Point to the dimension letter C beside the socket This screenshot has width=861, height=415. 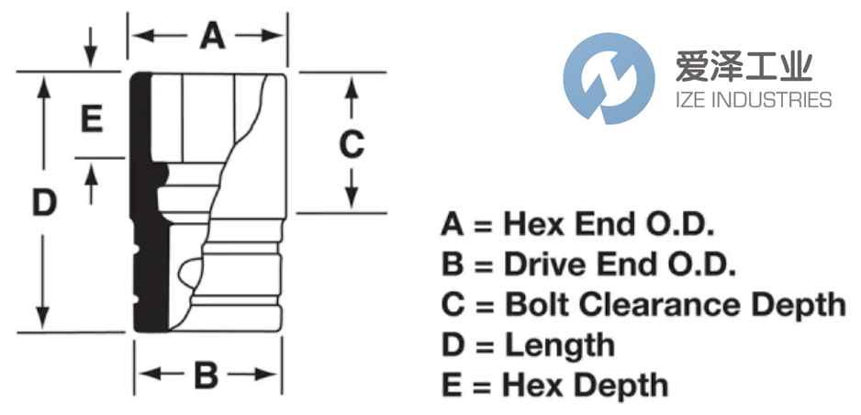[352, 143]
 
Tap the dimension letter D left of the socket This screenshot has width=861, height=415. [44, 203]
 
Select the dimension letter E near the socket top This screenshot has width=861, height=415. [91, 119]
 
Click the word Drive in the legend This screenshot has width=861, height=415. [547, 264]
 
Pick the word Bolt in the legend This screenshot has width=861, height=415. [536, 305]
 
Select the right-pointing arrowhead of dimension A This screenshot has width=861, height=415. [272, 36]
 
